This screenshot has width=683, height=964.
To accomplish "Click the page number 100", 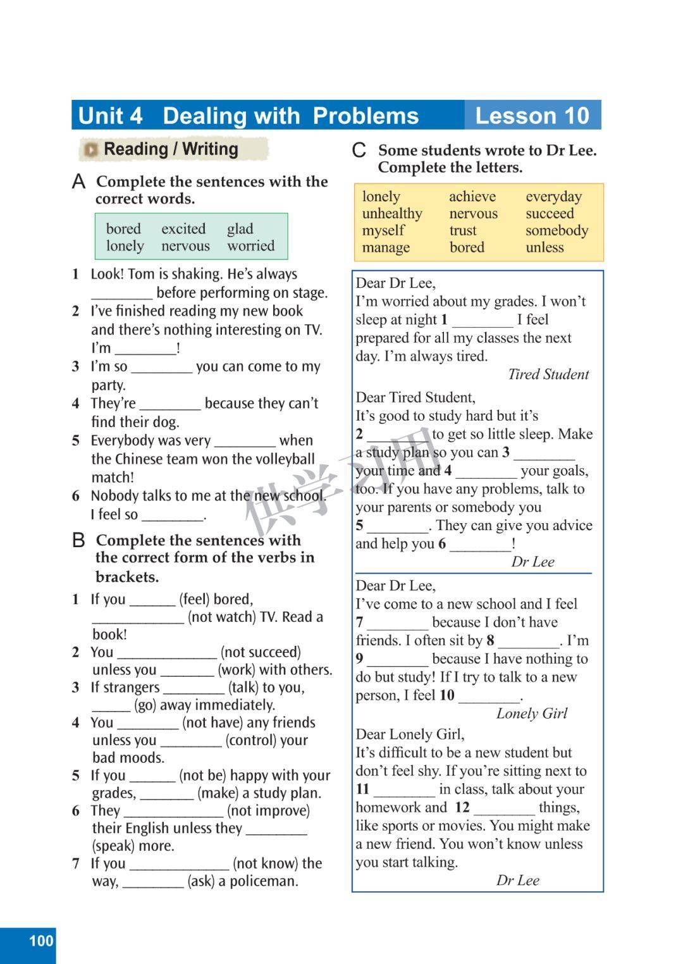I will [41, 941].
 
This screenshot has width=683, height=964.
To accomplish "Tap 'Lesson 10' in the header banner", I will [532, 116].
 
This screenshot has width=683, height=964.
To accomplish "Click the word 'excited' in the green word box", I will [183, 228].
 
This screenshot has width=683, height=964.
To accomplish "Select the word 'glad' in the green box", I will [240, 228].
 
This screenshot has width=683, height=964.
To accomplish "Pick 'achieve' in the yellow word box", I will [472, 197].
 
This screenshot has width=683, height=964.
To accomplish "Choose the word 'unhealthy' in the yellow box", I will [392, 214].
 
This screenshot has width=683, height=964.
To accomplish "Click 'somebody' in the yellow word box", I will [557, 231].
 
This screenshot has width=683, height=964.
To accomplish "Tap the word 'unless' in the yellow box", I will [545, 247].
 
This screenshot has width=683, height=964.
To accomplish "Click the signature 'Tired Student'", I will [548, 374].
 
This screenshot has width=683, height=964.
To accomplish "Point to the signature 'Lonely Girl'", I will [532, 714].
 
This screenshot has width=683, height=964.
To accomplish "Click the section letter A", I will [78, 183].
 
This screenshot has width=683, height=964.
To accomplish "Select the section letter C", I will [359, 151].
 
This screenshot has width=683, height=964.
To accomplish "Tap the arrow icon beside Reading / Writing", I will [92, 150].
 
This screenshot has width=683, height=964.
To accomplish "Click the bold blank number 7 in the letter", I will [359, 622].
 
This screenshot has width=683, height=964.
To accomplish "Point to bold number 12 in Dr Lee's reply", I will [462, 807].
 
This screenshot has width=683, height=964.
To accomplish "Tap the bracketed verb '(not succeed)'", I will [261, 652].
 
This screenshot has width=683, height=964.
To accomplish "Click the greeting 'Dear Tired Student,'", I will [415, 397].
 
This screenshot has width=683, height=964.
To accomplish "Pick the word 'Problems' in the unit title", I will [366, 116].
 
